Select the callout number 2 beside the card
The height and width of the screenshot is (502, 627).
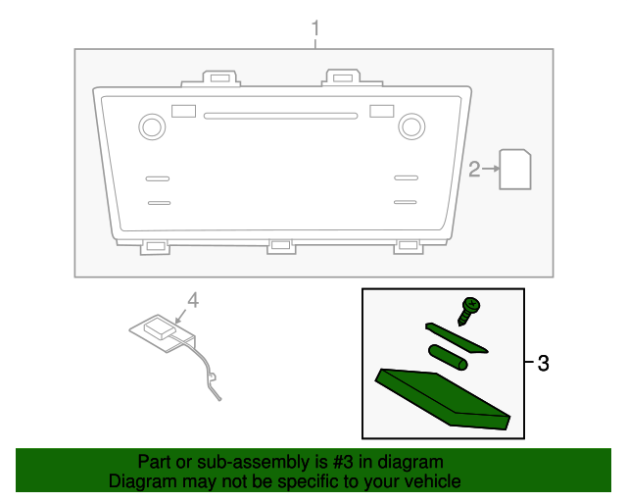pos(474,171)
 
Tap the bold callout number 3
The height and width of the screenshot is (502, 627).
pos(543,364)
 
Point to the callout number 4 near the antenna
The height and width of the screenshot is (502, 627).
pos(193,301)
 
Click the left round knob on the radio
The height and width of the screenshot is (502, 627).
pos(152,125)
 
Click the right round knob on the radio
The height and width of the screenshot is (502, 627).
pos(411,125)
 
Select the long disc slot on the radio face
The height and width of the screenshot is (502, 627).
pos(280,116)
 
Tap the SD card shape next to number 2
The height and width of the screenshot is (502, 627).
pos(515,169)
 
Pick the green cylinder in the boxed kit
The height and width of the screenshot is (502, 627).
pos(448,356)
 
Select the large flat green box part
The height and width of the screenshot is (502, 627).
pos(443,398)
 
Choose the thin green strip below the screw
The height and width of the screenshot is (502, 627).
pos(457,336)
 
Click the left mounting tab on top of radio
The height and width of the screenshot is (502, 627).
pos(218,77)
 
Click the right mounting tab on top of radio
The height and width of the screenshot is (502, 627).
pos(341,77)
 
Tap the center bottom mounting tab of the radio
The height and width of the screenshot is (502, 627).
pos(281,246)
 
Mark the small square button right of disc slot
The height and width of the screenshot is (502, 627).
pos(381,111)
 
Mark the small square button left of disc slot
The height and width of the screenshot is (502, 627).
pos(182,111)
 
